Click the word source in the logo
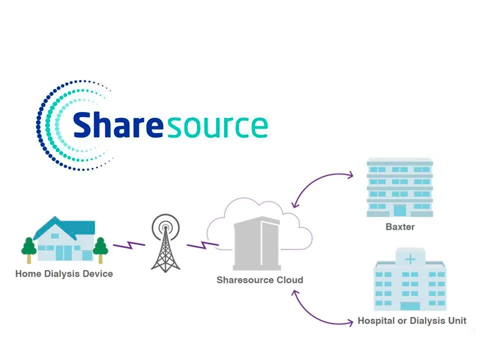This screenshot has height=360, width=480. pos(217,126)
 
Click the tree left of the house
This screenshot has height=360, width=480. pos(29,248)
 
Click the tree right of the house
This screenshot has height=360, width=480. pos(100,248)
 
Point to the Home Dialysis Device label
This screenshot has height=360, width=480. pos(64,273)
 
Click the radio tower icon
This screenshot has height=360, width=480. pos(165,247)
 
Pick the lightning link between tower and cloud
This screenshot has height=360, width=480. pos(202,245)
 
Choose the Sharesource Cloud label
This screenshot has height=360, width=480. pos(259,280)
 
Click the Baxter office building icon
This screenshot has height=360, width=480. pos(399,187)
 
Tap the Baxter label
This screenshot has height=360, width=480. pos(400,226)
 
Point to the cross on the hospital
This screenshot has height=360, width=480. pos(410,259)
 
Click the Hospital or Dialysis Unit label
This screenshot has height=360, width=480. pos(412,320)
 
